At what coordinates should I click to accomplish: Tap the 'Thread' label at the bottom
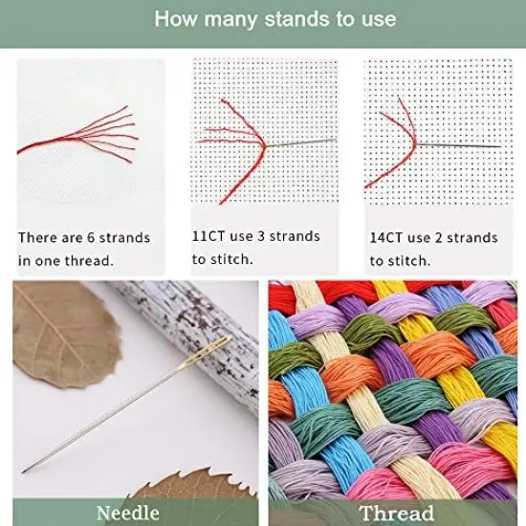click(394, 514)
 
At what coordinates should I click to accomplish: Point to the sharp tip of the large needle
click(26, 469)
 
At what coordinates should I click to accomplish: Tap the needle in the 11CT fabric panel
click(301, 142)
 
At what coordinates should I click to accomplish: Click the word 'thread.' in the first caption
click(116, 260)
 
